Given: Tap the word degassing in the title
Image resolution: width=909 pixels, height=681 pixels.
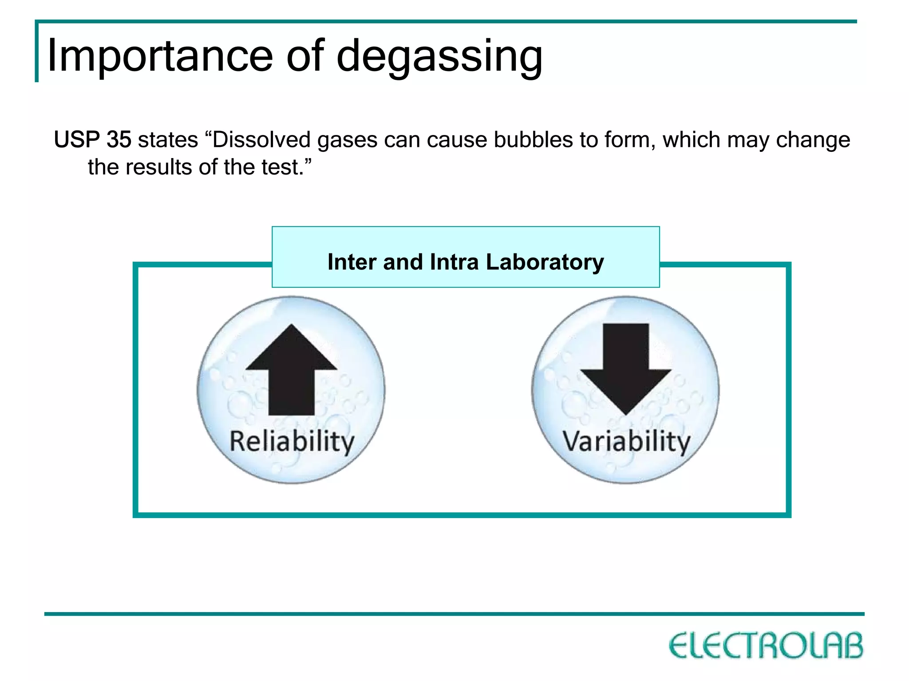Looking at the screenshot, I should coord(439,57).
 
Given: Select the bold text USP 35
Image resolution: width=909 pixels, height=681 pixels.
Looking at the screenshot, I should coord(92,139).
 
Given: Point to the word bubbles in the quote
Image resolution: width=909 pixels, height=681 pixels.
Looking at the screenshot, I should coord(534,139).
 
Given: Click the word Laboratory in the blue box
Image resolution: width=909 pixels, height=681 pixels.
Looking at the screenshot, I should coord(545,262).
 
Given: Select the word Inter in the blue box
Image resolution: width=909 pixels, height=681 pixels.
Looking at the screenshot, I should coord(352,261).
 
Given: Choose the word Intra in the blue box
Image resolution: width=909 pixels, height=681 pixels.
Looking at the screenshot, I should coord(454,261).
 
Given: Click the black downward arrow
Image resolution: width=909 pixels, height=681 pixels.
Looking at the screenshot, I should coord(626,369).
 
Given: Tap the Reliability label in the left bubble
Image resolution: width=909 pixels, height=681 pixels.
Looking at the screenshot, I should coord(292,441).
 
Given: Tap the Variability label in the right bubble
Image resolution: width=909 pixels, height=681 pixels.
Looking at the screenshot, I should coord(626,441).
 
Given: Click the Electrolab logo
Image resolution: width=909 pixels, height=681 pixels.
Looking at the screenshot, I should coord(766,645).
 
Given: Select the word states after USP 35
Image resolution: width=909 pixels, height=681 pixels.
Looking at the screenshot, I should coord(168,139).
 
